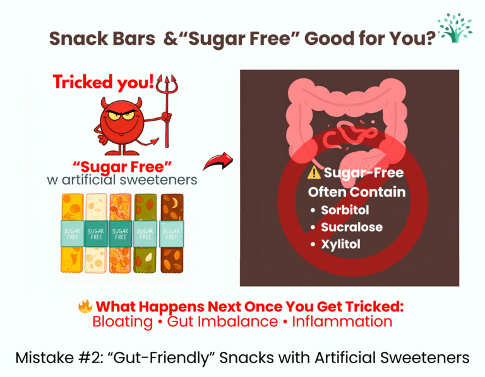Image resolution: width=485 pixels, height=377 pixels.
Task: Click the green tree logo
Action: (x=455, y=28)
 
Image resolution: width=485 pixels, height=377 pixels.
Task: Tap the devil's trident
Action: (x=167, y=111)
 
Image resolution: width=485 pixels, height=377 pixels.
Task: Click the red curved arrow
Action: (x=218, y=161)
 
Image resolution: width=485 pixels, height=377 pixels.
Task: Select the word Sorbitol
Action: (x=345, y=210)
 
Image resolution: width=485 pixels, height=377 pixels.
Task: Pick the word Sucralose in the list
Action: (x=352, y=227)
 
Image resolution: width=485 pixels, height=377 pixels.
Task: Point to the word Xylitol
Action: (x=340, y=244)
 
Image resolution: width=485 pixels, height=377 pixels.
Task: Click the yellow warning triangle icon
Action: (x=314, y=172)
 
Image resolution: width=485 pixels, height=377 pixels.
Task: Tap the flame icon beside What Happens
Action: (x=85, y=306)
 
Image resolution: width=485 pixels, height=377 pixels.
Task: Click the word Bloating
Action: (x=123, y=321)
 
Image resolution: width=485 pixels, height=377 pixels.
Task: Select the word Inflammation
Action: (x=342, y=321)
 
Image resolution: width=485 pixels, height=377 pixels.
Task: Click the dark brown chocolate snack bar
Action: (x=172, y=233)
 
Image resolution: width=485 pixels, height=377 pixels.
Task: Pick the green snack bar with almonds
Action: (x=145, y=234)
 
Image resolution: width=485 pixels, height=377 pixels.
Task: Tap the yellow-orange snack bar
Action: (x=73, y=233)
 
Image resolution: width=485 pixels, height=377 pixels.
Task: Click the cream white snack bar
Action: (x=96, y=233)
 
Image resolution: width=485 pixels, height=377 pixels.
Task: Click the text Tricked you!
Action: (x=104, y=82)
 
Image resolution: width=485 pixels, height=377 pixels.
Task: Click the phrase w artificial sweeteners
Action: (x=122, y=180)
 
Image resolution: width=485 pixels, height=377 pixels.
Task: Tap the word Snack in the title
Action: (x=79, y=39)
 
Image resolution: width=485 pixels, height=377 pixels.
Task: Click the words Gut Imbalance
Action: (x=222, y=321)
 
